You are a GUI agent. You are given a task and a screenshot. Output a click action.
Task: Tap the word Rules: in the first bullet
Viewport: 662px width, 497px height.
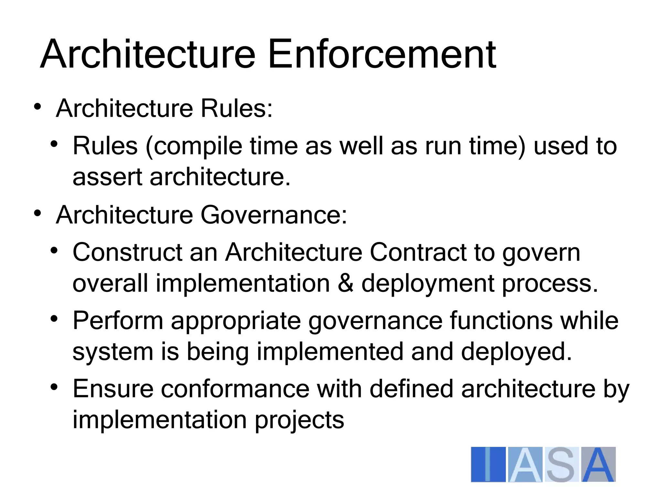coord(237,108)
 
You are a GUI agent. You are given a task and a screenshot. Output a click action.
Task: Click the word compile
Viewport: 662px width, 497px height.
coord(198,146)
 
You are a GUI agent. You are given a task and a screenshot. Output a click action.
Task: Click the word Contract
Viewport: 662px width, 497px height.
coord(418,252)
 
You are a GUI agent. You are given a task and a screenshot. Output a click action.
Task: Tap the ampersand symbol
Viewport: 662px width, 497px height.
coord(345,283)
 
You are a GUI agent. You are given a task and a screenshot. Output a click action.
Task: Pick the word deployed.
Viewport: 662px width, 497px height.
coord(516,352)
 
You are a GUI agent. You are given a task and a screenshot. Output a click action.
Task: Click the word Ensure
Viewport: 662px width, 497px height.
coord(113,389)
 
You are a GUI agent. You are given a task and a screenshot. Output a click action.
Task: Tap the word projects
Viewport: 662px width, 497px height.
coord(299,420)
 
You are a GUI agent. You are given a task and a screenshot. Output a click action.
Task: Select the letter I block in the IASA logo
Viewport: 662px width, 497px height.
coord(488,465)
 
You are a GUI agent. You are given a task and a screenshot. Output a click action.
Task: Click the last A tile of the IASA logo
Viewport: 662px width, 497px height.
coord(599,465)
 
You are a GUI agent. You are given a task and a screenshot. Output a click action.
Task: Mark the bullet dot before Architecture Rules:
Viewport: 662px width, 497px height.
coord(37,107)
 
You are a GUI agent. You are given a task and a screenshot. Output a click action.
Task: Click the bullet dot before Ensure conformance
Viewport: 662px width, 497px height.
coord(54,387)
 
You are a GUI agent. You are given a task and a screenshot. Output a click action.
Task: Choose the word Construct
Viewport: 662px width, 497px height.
coord(127,252)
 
